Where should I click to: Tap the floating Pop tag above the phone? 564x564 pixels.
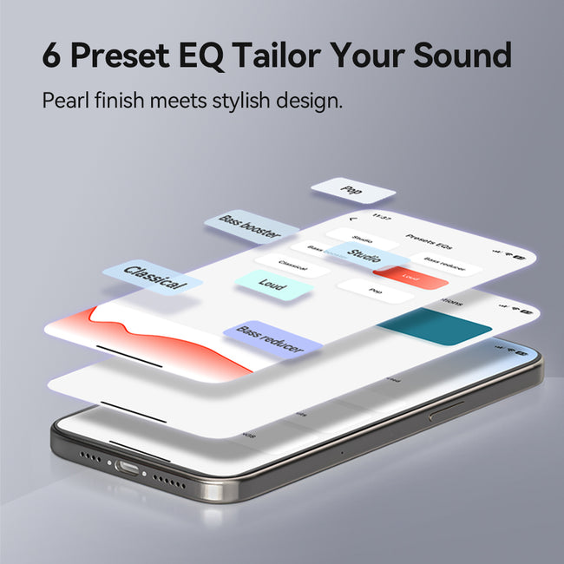pyautogui.click(x=352, y=190)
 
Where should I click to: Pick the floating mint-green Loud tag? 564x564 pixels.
pyautogui.click(x=272, y=285)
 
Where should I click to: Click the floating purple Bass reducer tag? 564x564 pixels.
pyautogui.click(x=272, y=340)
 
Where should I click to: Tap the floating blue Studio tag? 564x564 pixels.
pyautogui.click(x=366, y=254)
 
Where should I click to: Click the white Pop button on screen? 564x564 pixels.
pyautogui.click(x=375, y=291)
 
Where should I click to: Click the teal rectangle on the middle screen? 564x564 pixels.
pyautogui.click(x=434, y=328)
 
